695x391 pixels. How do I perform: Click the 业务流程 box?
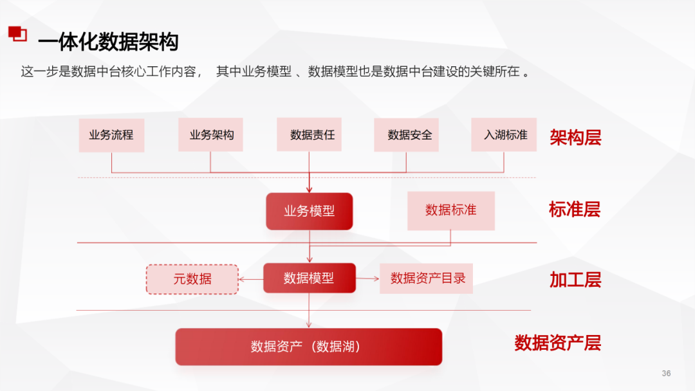point(111,135)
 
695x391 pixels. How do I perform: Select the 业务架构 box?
point(210,135)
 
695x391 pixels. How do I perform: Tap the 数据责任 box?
point(310,135)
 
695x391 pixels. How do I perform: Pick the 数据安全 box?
point(406,135)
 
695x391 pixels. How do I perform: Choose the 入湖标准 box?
point(504,135)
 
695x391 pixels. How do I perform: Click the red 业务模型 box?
point(310,211)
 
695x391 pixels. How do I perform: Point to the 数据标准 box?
point(450,210)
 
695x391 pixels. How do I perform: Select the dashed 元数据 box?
point(192,279)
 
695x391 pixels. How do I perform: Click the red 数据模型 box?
point(310,278)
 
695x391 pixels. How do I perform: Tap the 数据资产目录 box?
point(426,278)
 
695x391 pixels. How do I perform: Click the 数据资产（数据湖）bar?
point(309,347)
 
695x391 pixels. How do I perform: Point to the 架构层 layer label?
point(575,137)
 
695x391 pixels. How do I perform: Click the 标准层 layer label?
point(575,209)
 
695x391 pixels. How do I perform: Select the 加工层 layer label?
point(575,279)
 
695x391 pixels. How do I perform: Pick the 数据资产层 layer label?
point(557,343)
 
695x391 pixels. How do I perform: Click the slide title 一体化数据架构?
point(108,42)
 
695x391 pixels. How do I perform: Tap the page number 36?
point(666,374)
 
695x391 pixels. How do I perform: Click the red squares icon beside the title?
point(17,33)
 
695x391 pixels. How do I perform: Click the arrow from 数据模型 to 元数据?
point(251,278)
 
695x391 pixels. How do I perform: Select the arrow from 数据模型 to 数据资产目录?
point(367,278)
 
